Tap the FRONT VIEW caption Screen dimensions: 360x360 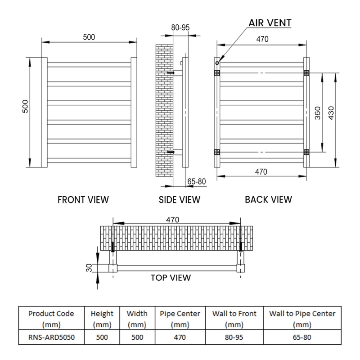coord(83,199)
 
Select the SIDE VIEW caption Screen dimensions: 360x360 coord(180,199)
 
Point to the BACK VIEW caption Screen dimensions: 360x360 coord(268,199)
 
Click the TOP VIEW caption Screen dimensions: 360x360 coord(171,278)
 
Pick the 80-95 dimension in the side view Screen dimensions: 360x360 coord(180,27)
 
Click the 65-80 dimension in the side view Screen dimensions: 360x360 coord(196,181)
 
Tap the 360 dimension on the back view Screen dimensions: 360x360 coord(318,112)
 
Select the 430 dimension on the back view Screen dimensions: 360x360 coord(332,112)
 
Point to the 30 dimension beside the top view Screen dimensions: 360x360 coord(89,268)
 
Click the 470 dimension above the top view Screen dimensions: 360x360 coord(172,220)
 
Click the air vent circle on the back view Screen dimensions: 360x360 coord(217,63)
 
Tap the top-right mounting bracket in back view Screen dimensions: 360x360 coord(306,73)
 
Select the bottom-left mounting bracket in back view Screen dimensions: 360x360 coord(217,152)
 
